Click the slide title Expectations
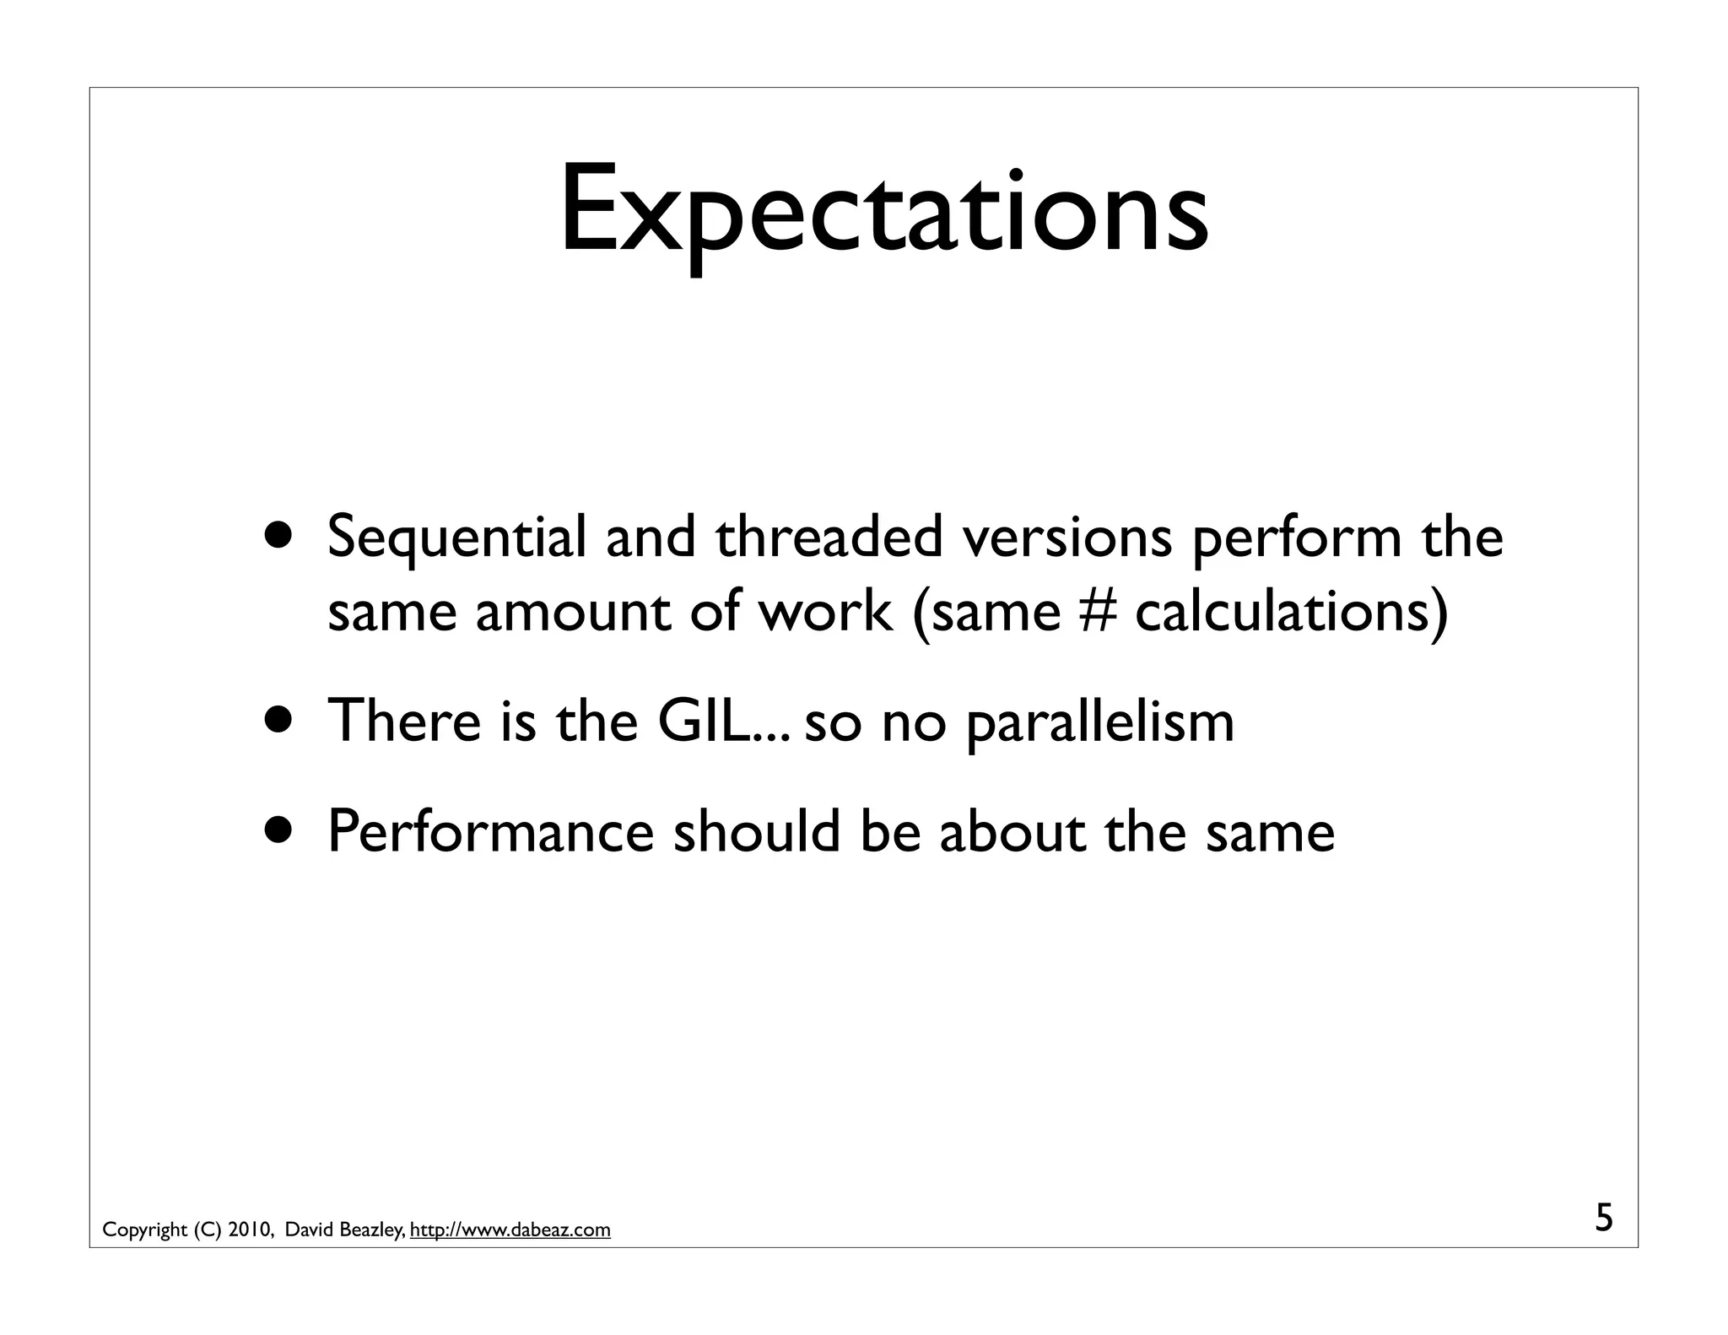[883, 211]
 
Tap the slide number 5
[1603, 1219]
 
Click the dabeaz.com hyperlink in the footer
[510, 1230]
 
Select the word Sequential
[456, 538]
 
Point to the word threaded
[829, 537]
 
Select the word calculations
[1282, 611]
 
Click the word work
[825, 611]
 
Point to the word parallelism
[1100, 722]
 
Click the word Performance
[490, 831]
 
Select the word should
[757, 831]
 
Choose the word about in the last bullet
[1012, 831]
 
